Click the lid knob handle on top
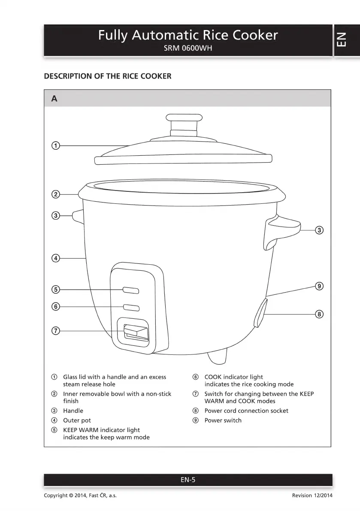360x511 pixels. click(x=184, y=118)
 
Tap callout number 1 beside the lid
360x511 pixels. click(x=55, y=145)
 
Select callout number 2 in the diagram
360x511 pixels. click(x=55, y=194)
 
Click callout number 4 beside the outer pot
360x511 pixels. click(x=55, y=258)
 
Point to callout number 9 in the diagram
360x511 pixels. click(x=319, y=286)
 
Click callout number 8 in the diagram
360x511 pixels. click(x=319, y=314)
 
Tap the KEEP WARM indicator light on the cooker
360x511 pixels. click(x=131, y=290)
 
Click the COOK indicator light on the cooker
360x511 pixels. click(x=131, y=308)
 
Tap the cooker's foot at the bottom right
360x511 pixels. click(x=218, y=355)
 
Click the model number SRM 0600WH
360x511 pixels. click(x=188, y=48)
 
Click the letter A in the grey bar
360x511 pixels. click(x=54, y=99)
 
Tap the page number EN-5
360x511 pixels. click(x=188, y=480)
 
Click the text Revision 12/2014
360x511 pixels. click(x=312, y=496)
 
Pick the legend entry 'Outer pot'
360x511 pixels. click(x=77, y=420)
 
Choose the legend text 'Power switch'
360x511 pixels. click(x=223, y=420)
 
